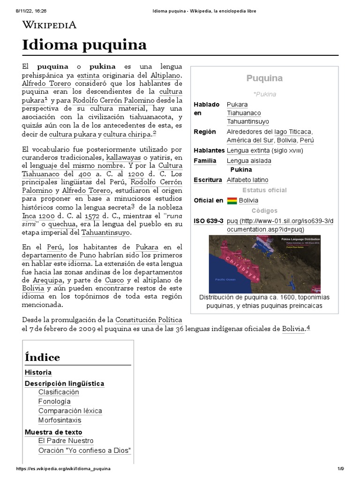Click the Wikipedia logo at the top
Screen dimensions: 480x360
pyautogui.click(x=49, y=25)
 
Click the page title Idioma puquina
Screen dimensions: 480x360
pyautogui.click(x=84, y=45)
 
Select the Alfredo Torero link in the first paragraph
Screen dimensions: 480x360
pyautogui.click(x=45, y=83)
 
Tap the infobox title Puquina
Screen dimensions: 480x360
pyautogui.click(x=264, y=78)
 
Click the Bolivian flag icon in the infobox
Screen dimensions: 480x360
pyautogui.click(x=232, y=201)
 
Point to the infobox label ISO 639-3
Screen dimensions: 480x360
pyautogui.click(x=209, y=221)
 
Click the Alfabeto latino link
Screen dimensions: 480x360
pyautogui.click(x=247, y=180)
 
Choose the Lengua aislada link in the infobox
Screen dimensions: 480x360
pyautogui.click(x=249, y=161)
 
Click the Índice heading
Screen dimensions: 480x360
pyautogui.click(x=42, y=358)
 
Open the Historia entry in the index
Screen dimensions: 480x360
pyautogui.click(x=38, y=373)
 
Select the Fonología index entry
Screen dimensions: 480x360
pyautogui.click(x=54, y=402)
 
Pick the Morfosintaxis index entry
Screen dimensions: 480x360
pyautogui.click(x=60, y=420)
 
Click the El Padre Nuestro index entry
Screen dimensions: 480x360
pyautogui.click(x=66, y=441)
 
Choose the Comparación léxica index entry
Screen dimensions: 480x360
pyautogui.click(x=70, y=411)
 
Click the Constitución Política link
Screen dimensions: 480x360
pyautogui.click(x=149, y=320)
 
